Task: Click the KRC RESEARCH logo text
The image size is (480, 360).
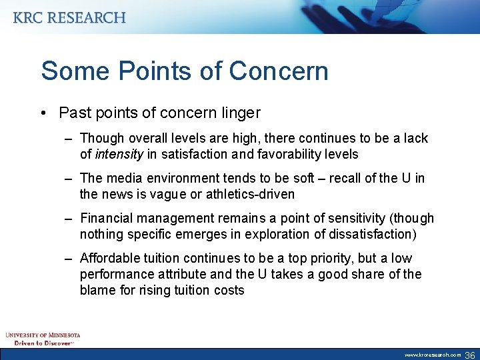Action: point(69,18)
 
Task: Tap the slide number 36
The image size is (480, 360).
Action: point(469,355)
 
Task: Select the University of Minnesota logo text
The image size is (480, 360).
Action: point(43,335)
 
